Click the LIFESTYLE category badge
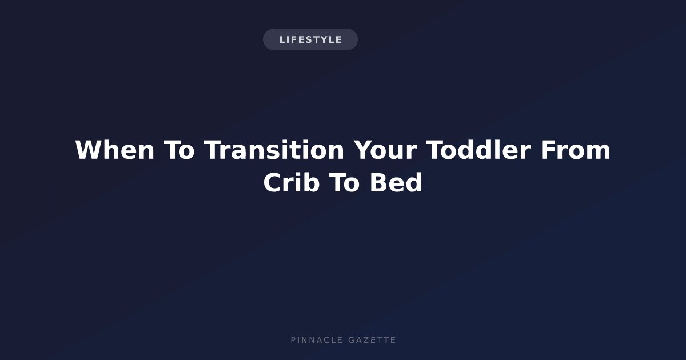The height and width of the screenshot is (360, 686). click(310, 39)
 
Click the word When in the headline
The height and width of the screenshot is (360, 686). click(115, 150)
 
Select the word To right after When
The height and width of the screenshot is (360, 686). click(179, 150)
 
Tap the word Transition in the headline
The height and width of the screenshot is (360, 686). click(274, 150)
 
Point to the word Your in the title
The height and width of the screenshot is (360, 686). click(385, 150)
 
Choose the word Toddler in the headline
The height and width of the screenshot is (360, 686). click(478, 150)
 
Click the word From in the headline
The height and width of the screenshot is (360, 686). click(576, 150)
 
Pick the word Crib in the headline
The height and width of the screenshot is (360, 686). click(292, 182)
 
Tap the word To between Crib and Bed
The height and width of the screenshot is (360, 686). click(344, 182)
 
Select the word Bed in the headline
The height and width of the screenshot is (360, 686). click(396, 182)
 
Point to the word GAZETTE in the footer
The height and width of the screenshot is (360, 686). click(372, 340)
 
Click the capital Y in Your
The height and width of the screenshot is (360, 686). click(362, 150)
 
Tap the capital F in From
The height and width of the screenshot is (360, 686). click(547, 150)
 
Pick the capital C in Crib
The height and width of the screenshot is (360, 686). click(272, 182)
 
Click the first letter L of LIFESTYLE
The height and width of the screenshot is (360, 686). click(282, 40)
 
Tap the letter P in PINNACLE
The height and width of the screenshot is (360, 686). click(293, 340)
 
